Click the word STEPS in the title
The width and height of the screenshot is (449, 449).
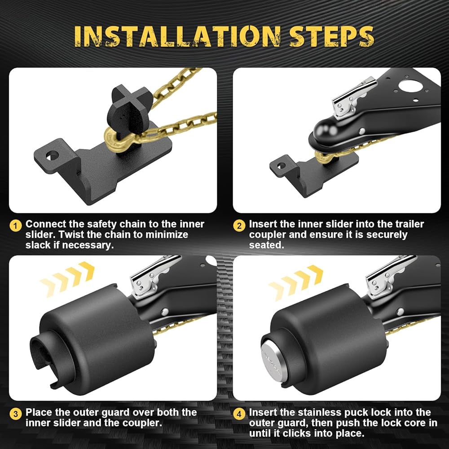pos(331,36)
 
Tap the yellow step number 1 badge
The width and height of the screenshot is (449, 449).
pos(15,226)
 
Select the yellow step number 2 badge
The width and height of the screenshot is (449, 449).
pos(239,226)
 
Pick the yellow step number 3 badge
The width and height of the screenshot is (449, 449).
pos(15,414)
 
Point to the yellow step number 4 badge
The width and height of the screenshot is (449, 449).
pos(239,414)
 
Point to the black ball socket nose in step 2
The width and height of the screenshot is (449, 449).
pos(325,132)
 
